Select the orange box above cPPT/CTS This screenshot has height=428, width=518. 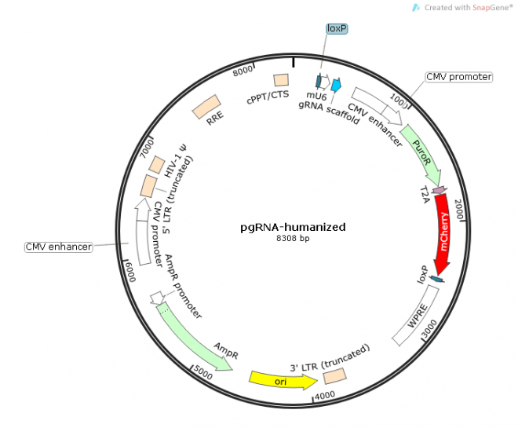click(x=280, y=80)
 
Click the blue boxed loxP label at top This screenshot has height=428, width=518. click(x=337, y=28)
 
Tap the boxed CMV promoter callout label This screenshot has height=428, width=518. click(x=458, y=77)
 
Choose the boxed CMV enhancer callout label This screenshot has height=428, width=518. click(x=58, y=247)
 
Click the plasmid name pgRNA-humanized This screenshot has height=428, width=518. click(x=293, y=227)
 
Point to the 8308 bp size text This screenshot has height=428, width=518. click(x=293, y=238)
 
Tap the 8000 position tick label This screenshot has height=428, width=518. click(x=244, y=71)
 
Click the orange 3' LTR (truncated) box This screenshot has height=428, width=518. click(x=335, y=376)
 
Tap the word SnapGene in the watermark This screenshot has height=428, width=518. click(x=490, y=7)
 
